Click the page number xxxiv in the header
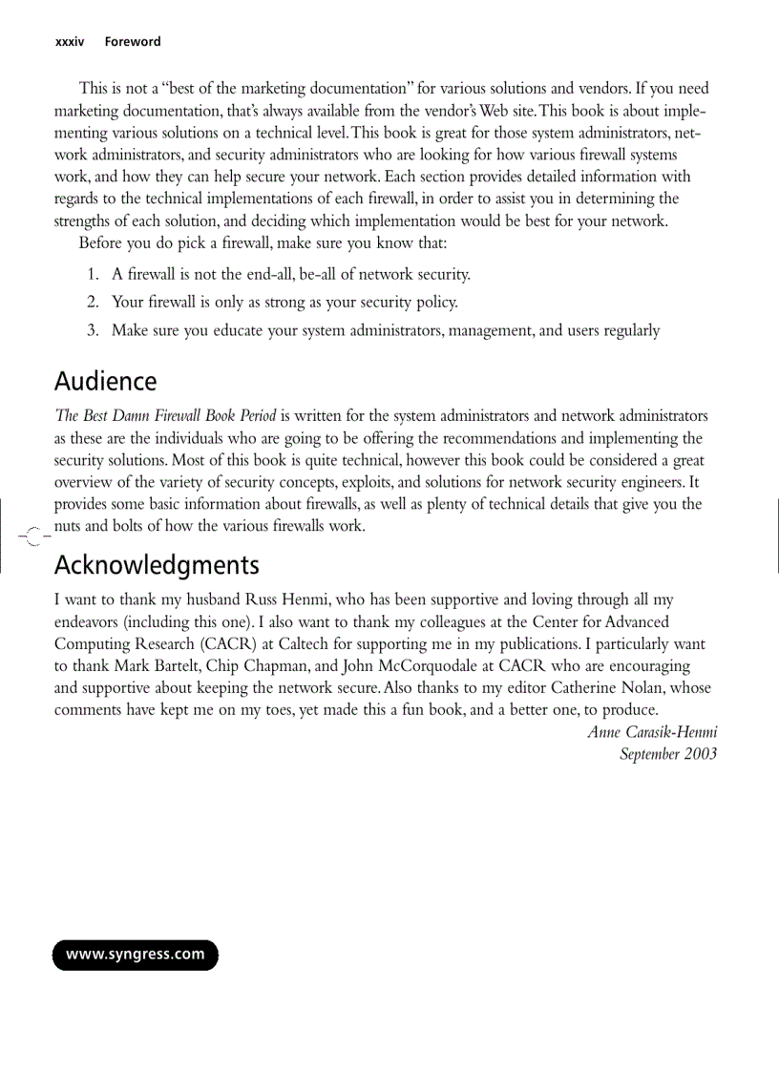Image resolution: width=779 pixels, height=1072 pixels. tap(70, 42)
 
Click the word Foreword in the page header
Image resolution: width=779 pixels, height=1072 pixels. tap(133, 42)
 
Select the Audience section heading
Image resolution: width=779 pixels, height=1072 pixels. tap(105, 382)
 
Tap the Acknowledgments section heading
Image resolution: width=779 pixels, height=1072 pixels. tap(157, 566)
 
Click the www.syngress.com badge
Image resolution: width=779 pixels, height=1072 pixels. tap(135, 955)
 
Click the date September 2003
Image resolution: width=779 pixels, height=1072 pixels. tap(668, 753)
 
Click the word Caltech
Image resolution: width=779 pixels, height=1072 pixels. tap(308, 643)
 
